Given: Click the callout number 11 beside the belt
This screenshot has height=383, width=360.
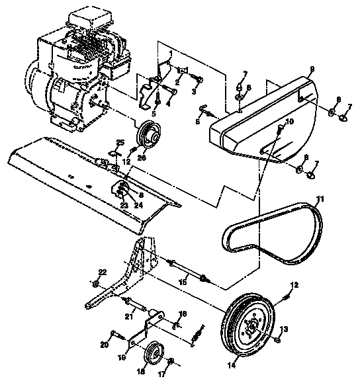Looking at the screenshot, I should [320, 198].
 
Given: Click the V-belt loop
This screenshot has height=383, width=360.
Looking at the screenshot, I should [271, 232].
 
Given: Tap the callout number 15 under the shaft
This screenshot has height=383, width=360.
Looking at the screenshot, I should [183, 282].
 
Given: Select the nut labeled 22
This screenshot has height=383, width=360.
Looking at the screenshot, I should [97, 284].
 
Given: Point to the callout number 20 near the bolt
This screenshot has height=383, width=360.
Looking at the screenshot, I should [103, 345].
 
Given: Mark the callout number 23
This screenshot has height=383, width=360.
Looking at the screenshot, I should [124, 206].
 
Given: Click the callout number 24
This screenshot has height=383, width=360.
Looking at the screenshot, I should [138, 205].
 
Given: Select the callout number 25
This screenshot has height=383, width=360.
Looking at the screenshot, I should [120, 142].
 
